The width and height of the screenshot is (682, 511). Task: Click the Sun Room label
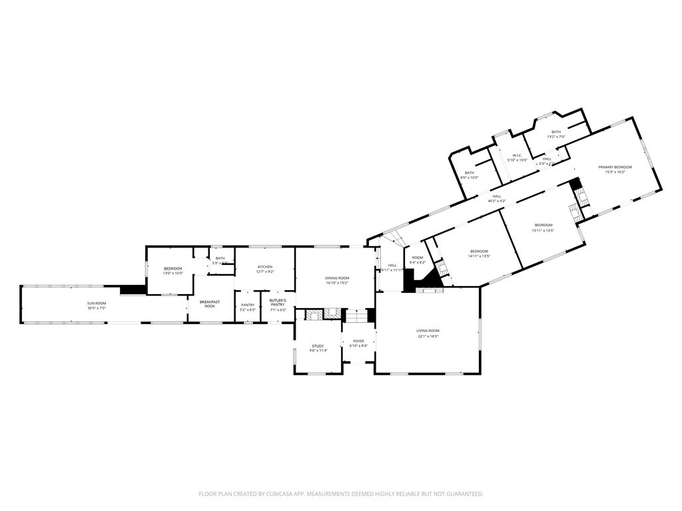point(97,303)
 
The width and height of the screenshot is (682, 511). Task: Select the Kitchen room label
point(265,267)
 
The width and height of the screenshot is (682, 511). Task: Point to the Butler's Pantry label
point(278,303)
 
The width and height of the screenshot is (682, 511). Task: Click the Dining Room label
point(336,277)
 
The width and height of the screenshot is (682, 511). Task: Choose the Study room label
point(318,346)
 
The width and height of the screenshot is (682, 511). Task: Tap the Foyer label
point(358,341)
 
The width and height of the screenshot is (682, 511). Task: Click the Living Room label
point(428,331)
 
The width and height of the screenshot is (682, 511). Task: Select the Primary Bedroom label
point(615,167)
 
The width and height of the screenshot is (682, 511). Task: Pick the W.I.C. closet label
point(517,155)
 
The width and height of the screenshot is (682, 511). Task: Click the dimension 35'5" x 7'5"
point(97,308)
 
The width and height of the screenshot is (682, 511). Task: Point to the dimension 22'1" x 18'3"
point(428,336)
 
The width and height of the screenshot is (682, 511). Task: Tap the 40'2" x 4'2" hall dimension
point(497,201)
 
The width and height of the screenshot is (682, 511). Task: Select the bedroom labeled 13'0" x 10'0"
point(172,271)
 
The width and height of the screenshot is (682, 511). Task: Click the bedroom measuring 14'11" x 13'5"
point(479,254)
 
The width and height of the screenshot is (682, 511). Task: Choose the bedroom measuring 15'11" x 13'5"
point(543,228)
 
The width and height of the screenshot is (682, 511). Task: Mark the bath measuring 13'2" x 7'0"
point(555,134)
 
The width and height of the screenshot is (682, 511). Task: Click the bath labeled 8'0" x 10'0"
point(470,175)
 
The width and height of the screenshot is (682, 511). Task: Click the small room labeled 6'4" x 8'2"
point(418,260)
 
